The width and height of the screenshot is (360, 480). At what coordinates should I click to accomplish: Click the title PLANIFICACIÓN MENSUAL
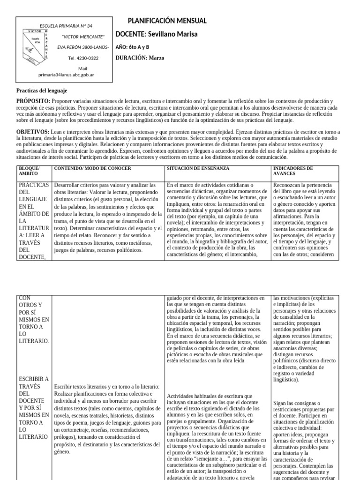(x=167, y=22)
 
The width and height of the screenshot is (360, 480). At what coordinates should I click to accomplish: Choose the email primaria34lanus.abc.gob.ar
(x=66, y=75)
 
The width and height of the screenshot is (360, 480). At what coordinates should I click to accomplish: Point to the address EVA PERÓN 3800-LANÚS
(x=83, y=47)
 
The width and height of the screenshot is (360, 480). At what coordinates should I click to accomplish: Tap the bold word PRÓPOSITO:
(x=33, y=101)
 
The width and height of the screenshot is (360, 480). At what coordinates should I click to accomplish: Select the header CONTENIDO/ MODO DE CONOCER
(x=93, y=168)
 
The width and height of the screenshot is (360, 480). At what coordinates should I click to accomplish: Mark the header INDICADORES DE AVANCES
(x=294, y=171)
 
